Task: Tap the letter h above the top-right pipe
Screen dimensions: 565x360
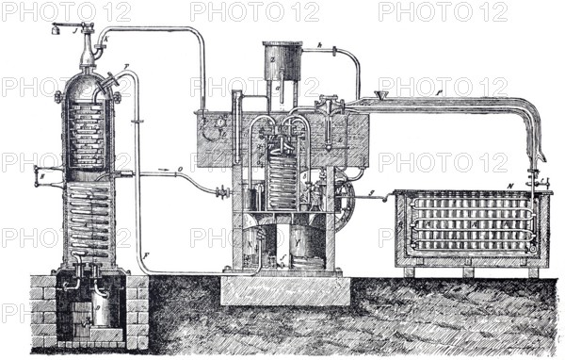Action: click(x=320, y=45)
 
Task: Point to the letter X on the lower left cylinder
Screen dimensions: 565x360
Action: click(x=249, y=239)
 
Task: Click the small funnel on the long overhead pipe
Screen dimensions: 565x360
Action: click(x=381, y=95)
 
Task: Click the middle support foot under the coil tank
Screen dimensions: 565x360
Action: click(x=468, y=271)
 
